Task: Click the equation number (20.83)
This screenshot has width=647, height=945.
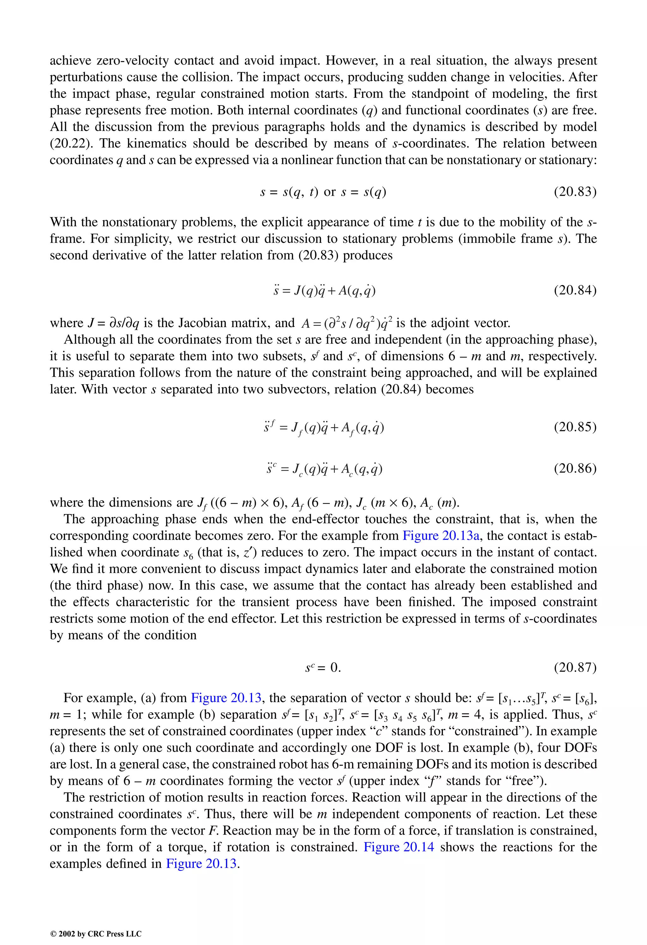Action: [575, 192]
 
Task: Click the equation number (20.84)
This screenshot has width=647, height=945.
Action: [575, 290]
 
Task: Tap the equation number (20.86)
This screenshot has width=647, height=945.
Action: [575, 469]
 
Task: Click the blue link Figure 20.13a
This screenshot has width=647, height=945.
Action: [441, 535]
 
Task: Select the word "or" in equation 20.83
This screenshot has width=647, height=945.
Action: [330, 192]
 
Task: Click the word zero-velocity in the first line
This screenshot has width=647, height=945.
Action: [132, 61]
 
